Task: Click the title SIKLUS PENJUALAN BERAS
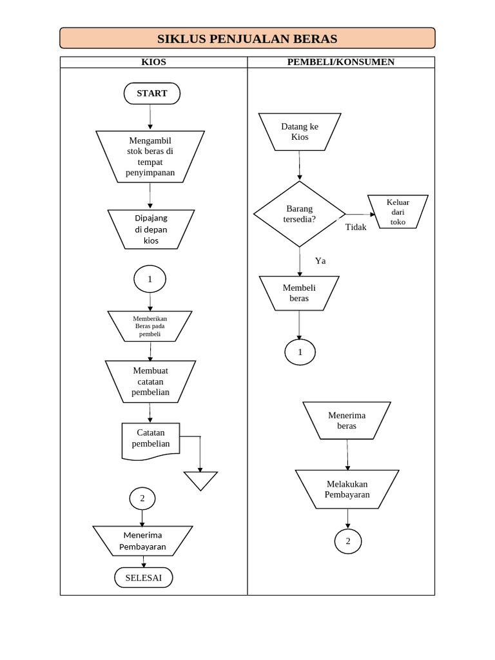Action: pyautogui.click(x=247, y=39)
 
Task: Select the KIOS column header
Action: pyautogui.click(x=153, y=62)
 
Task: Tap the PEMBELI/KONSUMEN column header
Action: pyautogui.click(x=341, y=62)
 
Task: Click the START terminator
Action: pyautogui.click(x=151, y=93)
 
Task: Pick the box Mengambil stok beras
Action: pyautogui.click(x=150, y=157)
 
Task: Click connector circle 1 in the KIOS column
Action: pyautogui.click(x=150, y=280)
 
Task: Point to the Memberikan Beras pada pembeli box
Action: pyautogui.click(x=150, y=326)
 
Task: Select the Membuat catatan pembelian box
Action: pyautogui.click(x=150, y=381)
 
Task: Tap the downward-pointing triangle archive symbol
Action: pyautogui.click(x=200, y=480)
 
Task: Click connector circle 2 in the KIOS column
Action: pyautogui.click(x=142, y=498)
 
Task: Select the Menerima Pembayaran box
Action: pyautogui.click(x=142, y=541)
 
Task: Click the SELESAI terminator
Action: pyautogui.click(x=144, y=578)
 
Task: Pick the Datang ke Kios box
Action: pyautogui.click(x=300, y=132)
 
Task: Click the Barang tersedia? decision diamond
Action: pyautogui.click(x=299, y=214)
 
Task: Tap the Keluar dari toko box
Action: pyautogui.click(x=398, y=211)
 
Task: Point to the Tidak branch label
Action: pyautogui.click(x=356, y=228)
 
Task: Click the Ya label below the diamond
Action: pyautogui.click(x=320, y=261)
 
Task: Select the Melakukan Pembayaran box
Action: pyautogui.click(x=347, y=489)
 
